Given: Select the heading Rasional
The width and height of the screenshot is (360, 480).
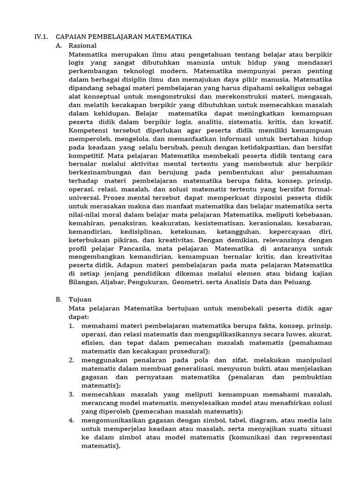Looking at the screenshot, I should click(82, 45).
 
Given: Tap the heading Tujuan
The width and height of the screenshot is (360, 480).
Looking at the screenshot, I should click(80, 299).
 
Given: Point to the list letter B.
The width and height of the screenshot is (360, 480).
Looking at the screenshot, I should click(58, 299).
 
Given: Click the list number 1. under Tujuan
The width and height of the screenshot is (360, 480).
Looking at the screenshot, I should click(71, 325).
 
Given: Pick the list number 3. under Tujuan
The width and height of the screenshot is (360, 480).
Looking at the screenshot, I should click(71, 394).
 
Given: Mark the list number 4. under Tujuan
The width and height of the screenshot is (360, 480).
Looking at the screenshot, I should click(71, 420).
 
